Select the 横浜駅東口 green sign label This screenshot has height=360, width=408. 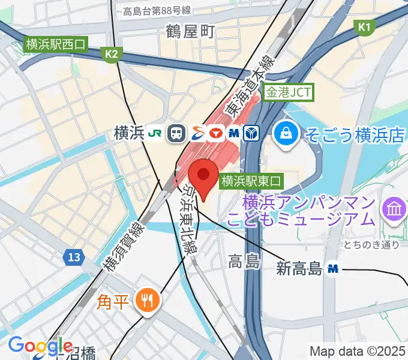coord(250,179)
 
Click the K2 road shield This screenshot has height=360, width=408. coord(111,55)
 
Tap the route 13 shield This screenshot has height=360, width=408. coord(72,257)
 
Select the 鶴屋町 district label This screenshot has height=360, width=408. coord(190,32)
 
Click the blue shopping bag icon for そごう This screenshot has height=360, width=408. coord(286,133)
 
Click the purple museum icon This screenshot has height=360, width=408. coord(394,209)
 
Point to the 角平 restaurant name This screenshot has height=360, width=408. coord(113,300)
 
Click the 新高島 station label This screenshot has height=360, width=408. coord(299,269)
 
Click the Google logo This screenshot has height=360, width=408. coord(40,346)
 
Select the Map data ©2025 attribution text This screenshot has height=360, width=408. coord(358,351)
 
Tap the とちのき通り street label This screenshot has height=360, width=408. coord(372,245)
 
